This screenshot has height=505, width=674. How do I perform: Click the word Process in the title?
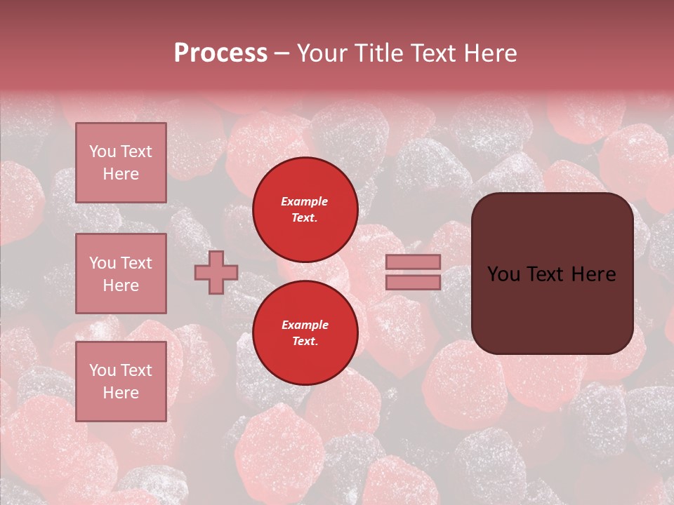click(220, 53)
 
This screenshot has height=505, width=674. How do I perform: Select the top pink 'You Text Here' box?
click(121, 163)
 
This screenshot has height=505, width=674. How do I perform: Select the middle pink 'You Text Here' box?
click(121, 274)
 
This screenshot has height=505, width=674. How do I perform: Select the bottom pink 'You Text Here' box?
click(121, 382)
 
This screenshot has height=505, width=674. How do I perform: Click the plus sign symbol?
click(216, 272)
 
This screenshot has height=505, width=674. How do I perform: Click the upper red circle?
click(305, 210)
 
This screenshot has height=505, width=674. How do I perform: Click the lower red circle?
click(305, 332)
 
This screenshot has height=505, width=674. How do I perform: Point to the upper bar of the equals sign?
click(414, 262)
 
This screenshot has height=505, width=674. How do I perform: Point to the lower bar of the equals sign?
click(414, 282)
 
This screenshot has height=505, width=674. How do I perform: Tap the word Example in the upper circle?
click(304, 201)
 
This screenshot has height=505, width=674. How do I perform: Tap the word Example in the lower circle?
click(305, 325)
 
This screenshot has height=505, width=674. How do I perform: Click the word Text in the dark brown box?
click(543, 274)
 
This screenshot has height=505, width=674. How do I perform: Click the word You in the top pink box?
click(103, 151)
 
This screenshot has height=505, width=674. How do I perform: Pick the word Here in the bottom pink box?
click(121, 393)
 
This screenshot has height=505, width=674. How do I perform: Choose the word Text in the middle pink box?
click(136, 263)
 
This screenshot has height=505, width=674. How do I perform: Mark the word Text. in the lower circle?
click(305, 342)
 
